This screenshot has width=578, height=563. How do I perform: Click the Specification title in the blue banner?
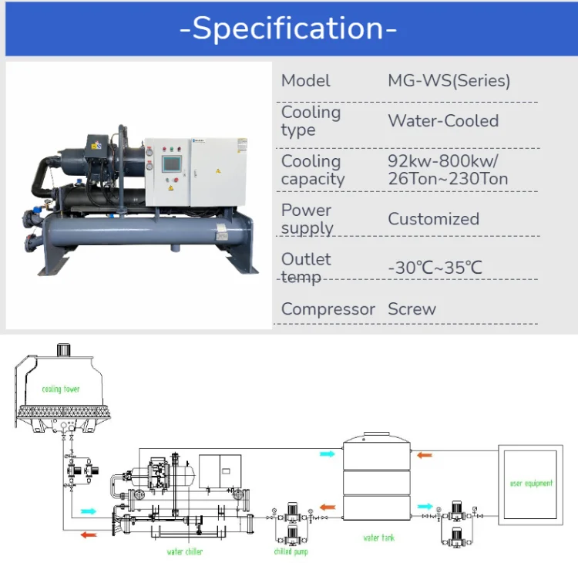coord(288,29)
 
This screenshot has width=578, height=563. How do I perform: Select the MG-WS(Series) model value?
coord(449,81)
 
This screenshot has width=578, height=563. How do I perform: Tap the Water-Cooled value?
coord(443,121)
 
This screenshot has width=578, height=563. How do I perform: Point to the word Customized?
coord(433,219)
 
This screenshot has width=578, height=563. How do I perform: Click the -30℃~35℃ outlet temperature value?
coord(435,268)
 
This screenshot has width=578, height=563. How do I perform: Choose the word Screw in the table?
coord(412,309)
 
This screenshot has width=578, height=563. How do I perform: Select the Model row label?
coord(305,81)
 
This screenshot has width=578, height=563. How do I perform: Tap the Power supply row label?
coord(306,219)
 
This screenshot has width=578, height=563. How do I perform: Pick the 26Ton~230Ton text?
coord(448,180)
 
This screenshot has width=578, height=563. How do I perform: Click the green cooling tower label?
coord(61,389)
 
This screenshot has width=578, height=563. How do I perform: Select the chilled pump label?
coord(291,552)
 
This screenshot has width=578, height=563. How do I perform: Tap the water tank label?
coord(378,538)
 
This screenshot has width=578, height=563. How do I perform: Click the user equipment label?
coord(531,484)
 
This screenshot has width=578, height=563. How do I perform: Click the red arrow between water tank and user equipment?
coord(425,455)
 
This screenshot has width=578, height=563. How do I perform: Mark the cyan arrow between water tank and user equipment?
coord(425,507)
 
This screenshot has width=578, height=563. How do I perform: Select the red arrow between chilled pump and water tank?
coord(328,507)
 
